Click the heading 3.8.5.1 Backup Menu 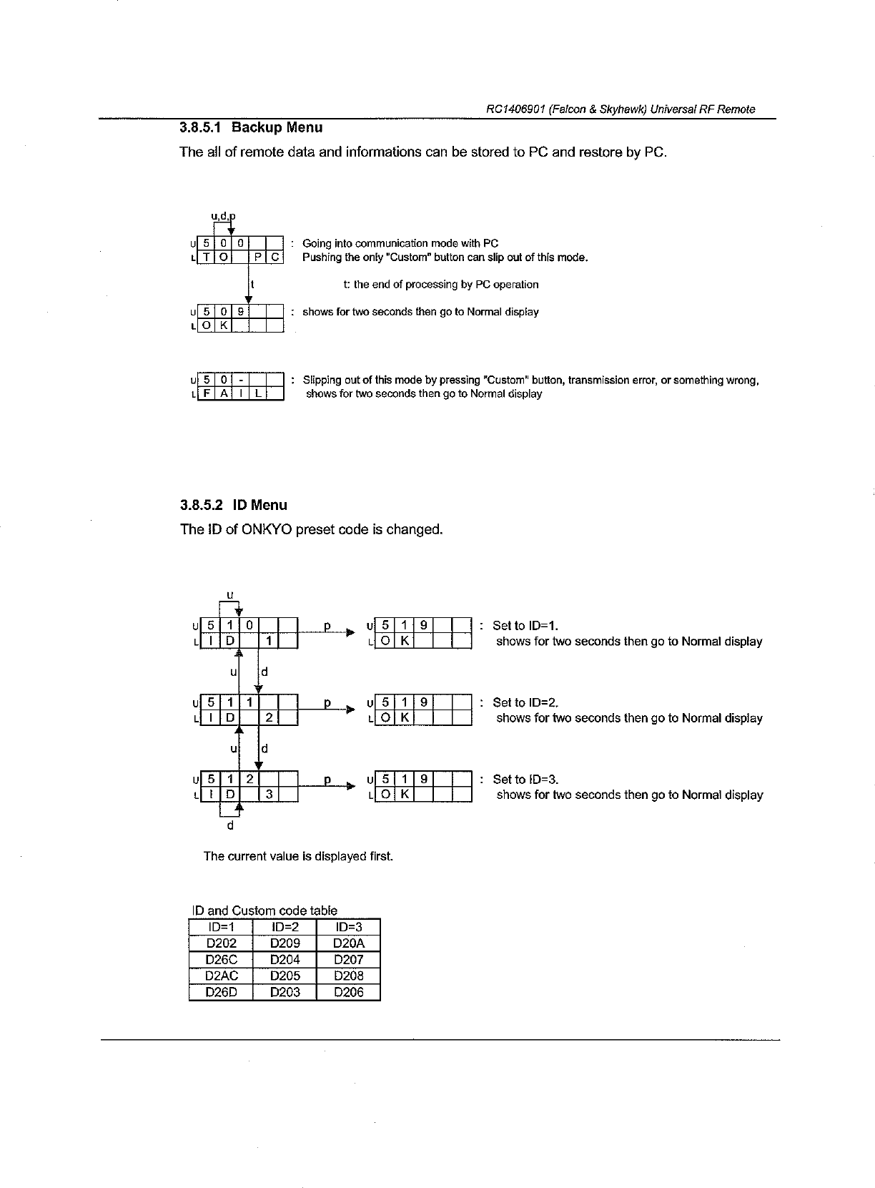point(251,128)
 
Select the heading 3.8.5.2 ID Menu point(234,506)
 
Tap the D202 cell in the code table point(221,943)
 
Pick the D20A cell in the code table point(349,943)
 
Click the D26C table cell point(221,960)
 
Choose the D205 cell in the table point(285,976)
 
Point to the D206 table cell point(349,992)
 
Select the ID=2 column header point(285,928)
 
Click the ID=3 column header point(349,928)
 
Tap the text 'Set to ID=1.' point(525,626)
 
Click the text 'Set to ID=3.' point(525,780)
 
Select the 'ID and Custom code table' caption point(265,910)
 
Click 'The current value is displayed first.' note point(298,856)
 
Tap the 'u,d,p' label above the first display point(223,215)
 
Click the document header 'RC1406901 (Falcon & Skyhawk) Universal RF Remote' point(620,109)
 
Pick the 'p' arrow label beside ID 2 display point(327,703)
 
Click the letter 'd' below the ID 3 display point(229,825)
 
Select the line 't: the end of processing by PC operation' point(441,285)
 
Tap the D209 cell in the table point(285,943)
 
